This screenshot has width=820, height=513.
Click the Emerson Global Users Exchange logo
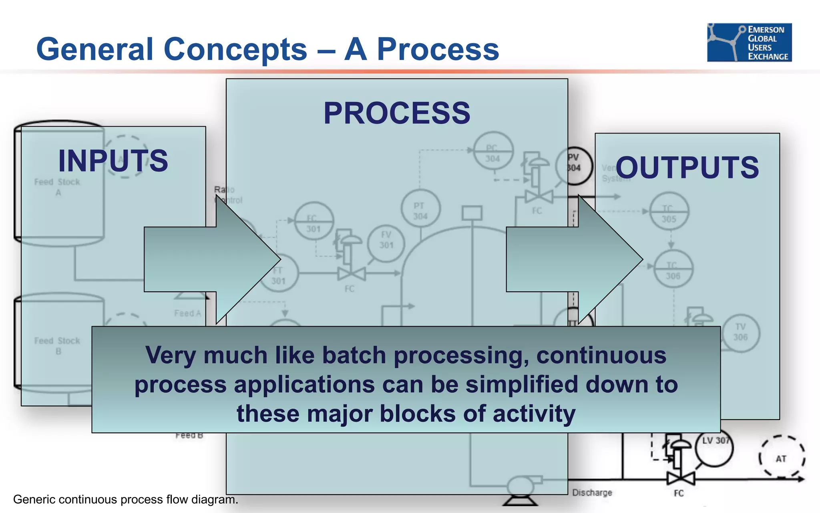click(749, 42)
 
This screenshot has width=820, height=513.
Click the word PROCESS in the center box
click(397, 113)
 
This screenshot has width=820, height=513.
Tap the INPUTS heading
click(113, 160)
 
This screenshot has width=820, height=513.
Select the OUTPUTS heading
click(687, 167)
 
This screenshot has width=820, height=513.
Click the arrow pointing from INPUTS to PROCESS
click(212, 259)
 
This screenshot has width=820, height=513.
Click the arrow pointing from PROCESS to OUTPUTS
click(575, 259)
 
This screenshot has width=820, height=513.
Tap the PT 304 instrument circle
click(420, 209)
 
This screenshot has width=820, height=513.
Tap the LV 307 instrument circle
click(715, 448)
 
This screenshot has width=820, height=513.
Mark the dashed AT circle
click(781, 457)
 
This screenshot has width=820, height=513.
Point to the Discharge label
click(592, 493)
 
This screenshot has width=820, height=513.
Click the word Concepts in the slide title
click(235, 49)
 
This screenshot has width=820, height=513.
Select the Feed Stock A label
click(57, 187)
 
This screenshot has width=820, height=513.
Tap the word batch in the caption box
click(354, 355)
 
